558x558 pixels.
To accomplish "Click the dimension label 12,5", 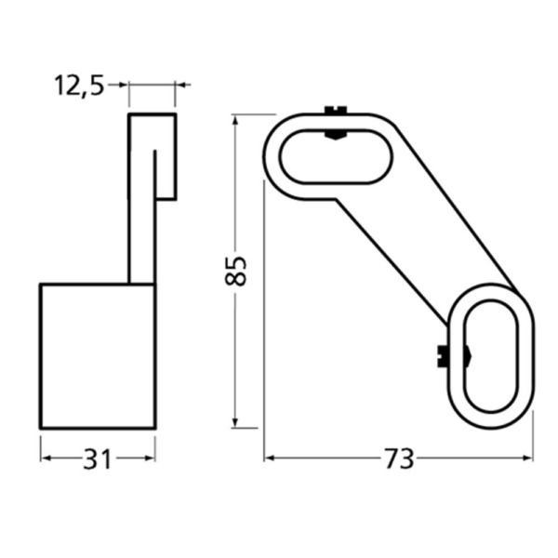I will pos(80,86).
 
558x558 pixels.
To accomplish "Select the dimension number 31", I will pos(98,458).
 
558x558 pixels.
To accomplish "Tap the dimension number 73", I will pos(398,458).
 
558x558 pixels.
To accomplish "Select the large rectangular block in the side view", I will pos(97,356).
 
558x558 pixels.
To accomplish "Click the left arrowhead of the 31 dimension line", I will pos(45,458).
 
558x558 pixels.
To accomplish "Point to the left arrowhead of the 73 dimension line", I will pos(270,458).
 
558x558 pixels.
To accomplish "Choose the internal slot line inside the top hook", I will pos(155,172).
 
